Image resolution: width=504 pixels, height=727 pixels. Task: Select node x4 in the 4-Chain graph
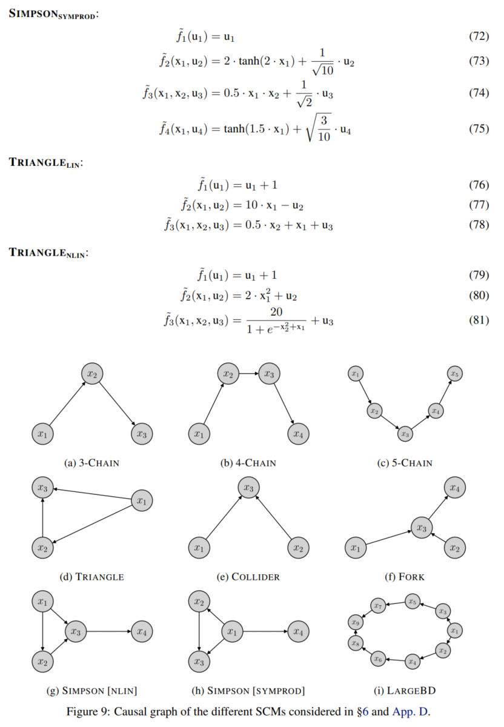pyautogui.click(x=297, y=433)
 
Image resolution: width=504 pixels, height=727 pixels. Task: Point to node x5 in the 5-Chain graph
pyautogui.click(x=455, y=374)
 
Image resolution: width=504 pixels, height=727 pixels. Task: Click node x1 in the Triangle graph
pyautogui.click(x=142, y=501)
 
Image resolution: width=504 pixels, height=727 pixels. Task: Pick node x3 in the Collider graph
pyautogui.click(x=248, y=488)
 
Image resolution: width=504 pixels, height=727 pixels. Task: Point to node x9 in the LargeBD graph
pyautogui.click(x=356, y=622)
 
